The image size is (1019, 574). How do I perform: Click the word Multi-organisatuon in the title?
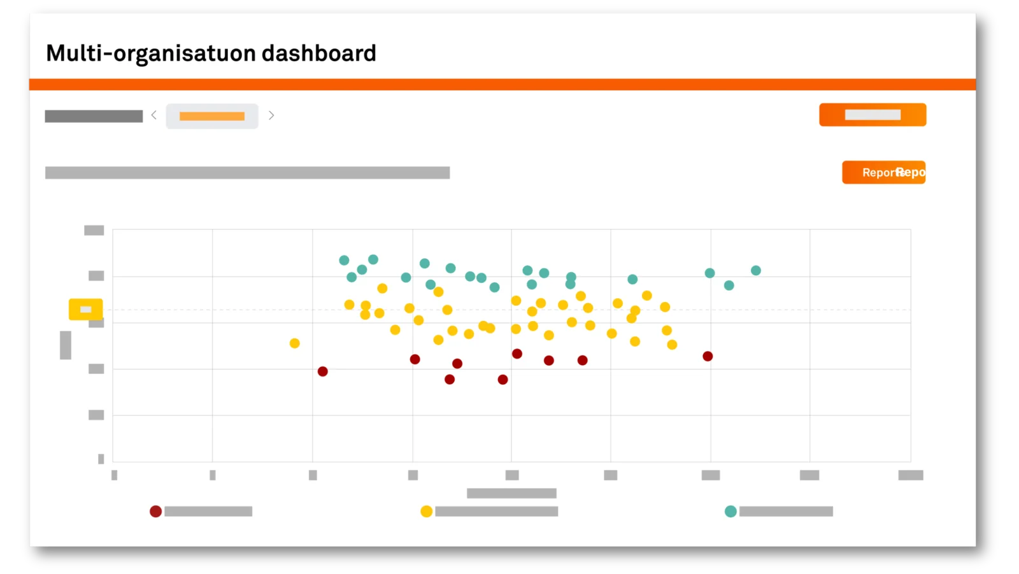coord(150,53)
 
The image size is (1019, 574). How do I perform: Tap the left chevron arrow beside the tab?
coord(154,115)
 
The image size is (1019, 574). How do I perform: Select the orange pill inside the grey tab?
coord(212,116)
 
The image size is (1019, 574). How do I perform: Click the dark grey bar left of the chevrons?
coord(94,116)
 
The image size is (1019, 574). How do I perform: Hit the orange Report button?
coord(883,172)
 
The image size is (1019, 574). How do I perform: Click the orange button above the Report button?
coord(873,115)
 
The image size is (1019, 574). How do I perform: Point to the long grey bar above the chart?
coord(247,173)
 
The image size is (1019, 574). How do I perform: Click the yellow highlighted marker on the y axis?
coord(85,310)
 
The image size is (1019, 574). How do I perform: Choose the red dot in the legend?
coord(155,512)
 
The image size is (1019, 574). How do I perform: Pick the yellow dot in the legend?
coord(427,512)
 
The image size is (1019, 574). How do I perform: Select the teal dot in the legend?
coord(730,512)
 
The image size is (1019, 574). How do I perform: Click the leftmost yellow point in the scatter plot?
coord(294,343)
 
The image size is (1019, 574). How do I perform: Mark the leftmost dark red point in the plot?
coord(323,371)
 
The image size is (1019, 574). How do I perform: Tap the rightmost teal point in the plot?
coord(756,271)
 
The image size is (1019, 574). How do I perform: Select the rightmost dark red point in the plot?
coord(708,356)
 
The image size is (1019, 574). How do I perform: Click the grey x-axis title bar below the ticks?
coord(511,493)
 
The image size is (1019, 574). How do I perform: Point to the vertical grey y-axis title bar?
coord(66,345)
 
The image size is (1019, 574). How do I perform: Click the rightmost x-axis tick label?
coord(911,475)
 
